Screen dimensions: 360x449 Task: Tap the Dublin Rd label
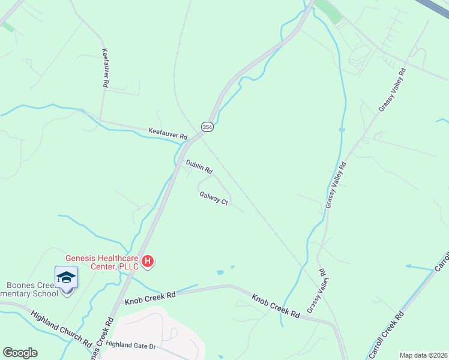pyautogui.click(x=199, y=166)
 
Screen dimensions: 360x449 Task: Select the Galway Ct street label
pyautogui.click(x=214, y=198)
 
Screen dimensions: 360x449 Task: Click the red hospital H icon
pyautogui.click(x=148, y=262)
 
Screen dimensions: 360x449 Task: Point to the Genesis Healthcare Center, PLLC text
pyautogui.click(x=102, y=261)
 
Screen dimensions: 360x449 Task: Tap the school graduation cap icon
pyautogui.click(x=66, y=277)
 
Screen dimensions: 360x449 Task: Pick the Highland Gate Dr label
pyautogui.click(x=130, y=346)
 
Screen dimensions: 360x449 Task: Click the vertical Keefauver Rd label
pyautogui.click(x=105, y=68)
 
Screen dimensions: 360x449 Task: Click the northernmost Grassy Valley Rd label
pyautogui.click(x=393, y=89)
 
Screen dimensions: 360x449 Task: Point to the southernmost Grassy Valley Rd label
pyautogui.click(x=316, y=290)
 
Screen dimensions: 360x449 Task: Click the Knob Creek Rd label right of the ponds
pyautogui.click(x=275, y=305)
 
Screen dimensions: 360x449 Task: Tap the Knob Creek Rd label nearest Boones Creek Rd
pyautogui.click(x=149, y=298)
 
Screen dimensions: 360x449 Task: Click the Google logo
pyautogui.click(x=20, y=353)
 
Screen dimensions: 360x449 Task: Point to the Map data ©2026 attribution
pyautogui.click(x=423, y=355)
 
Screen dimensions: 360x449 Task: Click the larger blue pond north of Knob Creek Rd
pyautogui.click(x=220, y=272)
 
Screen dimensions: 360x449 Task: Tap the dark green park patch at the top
pyautogui.click(x=329, y=11)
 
